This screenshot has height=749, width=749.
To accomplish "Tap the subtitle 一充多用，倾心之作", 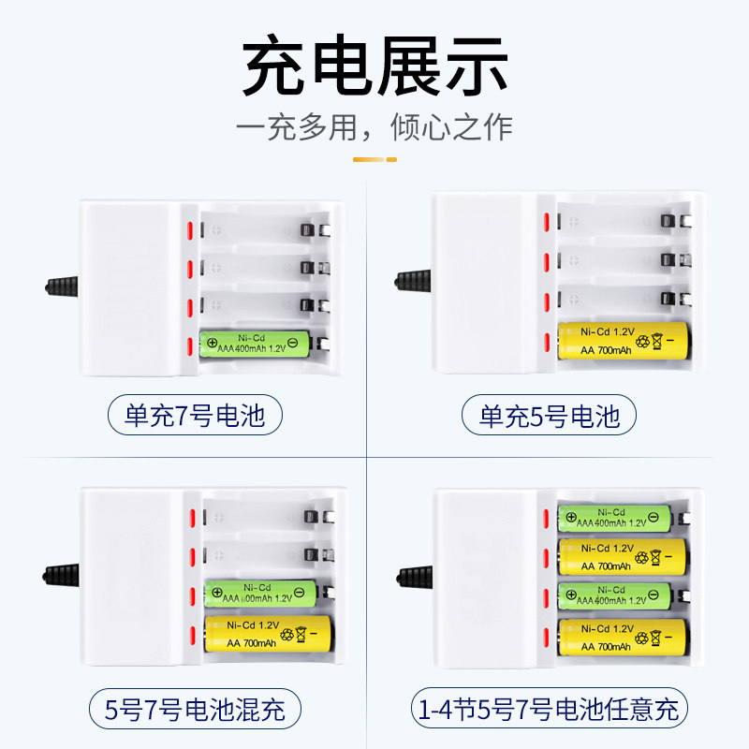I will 374,126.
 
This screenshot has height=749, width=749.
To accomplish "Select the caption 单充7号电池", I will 202,415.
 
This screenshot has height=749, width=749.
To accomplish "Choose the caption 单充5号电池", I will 549,415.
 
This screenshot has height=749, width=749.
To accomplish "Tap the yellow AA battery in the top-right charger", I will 623,341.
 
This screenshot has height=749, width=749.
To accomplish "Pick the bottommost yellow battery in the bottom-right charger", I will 622,638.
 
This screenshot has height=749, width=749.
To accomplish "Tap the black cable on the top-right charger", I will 411,279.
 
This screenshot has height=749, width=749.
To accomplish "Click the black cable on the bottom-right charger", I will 413,572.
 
